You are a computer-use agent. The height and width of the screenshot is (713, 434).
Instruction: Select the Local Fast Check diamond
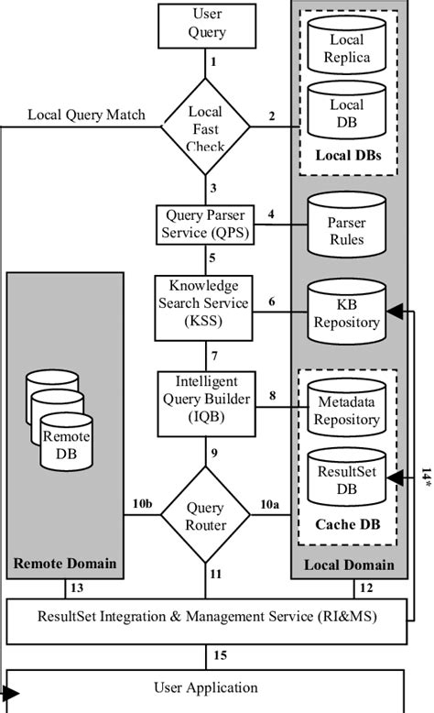(205, 126)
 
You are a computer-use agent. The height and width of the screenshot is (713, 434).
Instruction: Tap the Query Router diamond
(205, 515)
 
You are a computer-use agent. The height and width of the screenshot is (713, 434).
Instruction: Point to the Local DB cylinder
(346, 112)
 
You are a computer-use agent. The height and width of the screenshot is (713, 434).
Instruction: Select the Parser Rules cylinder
(346, 231)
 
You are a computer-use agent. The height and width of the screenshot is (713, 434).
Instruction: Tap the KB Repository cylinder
(346, 313)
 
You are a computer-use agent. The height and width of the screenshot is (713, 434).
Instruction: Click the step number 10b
(142, 503)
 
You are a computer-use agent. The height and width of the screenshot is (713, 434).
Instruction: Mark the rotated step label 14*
(426, 479)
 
